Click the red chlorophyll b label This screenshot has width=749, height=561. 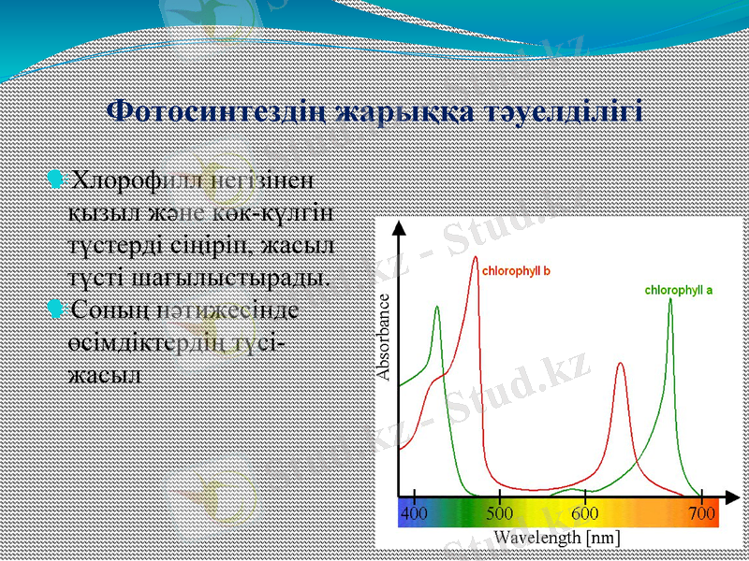pos(516,271)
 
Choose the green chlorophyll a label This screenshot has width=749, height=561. pos(678,290)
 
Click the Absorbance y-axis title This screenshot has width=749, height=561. pos(383,337)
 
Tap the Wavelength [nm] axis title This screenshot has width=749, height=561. pos(556,538)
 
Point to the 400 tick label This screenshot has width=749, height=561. pos(414,513)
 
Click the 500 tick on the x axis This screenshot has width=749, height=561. pos(499,513)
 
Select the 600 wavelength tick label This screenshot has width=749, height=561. pos(585,513)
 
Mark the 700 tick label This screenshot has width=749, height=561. pos(701,513)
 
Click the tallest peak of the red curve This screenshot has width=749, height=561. pos(476,258)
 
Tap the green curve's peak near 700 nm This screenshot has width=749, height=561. pos(670,300)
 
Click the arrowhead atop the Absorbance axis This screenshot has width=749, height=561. pos(400,228)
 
